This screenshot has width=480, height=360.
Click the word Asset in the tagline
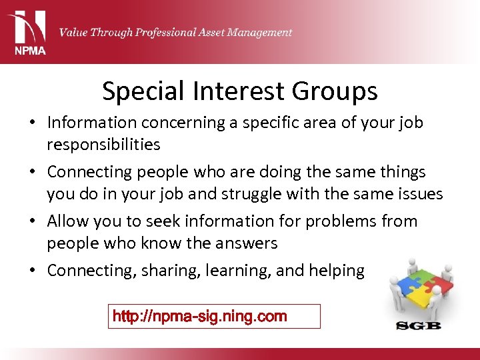(x=199, y=32)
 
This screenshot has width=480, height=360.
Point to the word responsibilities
(x=103, y=145)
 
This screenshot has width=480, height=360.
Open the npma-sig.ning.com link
(x=200, y=316)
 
